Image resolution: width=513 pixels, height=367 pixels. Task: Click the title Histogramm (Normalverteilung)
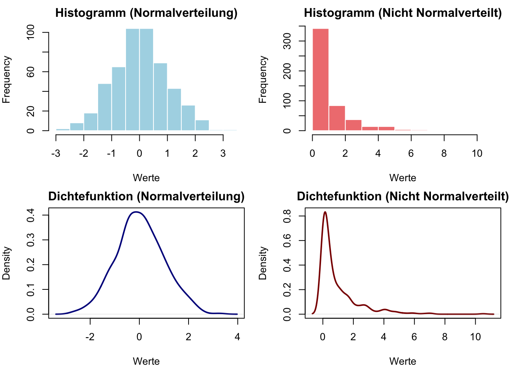pyautogui.click(x=146, y=13)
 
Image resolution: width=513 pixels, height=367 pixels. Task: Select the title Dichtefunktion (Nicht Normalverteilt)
pyautogui.click(x=403, y=196)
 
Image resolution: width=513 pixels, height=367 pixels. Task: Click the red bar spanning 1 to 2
pyautogui.click(x=337, y=118)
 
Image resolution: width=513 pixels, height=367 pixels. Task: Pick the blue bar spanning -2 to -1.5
pyautogui.click(x=91, y=122)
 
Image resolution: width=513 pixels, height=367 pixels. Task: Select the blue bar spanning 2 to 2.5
pyautogui.click(x=202, y=125)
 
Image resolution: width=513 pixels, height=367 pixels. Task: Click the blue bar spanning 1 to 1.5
pyautogui.click(x=174, y=110)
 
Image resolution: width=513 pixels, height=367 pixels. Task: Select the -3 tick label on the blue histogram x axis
pyautogui.click(x=56, y=154)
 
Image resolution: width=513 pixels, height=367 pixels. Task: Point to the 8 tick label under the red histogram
pyautogui.click(x=444, y=154)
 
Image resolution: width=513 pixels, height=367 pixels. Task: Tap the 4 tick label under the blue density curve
pyautogui.click(x=237, y=337)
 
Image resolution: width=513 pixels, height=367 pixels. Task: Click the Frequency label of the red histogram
pyautogui.click(x=263, y=80)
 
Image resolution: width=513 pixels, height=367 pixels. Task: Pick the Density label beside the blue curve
pyautogui.click(x=6, y=263)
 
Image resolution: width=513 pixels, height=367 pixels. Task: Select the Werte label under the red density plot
pyautogui.click(x=403, y=361)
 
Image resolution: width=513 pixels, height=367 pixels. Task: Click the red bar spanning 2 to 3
pyautogui.click(x=353, y=125)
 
